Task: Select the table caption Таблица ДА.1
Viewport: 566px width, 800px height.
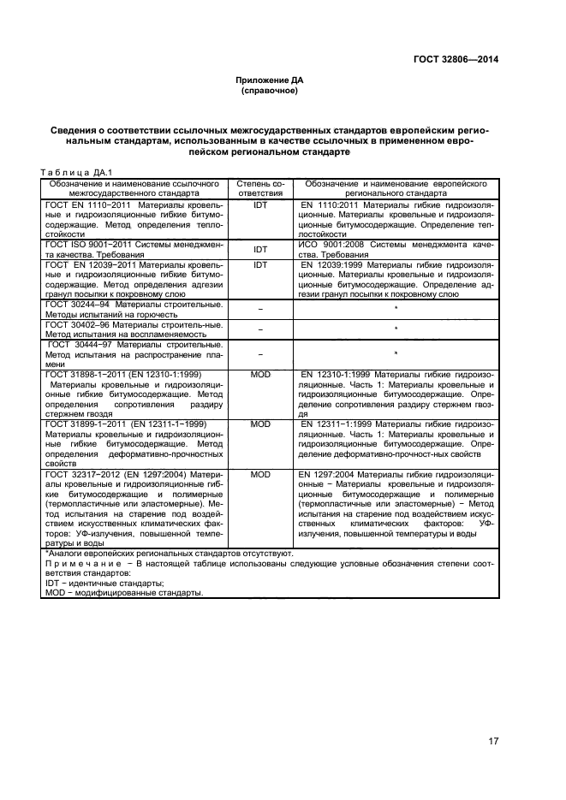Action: (71, 171)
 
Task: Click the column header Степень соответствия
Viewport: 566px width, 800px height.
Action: (259, 188)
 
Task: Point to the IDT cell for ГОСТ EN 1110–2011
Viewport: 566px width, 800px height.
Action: (259, 206)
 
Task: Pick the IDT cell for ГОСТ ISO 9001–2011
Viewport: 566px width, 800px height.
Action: (259, 250)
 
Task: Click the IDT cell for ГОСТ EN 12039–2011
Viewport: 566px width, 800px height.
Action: (259, 265)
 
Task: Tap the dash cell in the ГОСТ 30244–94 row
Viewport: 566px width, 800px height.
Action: (259, 307)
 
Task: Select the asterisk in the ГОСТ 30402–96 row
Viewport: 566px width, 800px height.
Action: (396, 329)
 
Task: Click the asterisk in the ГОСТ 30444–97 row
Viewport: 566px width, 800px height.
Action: (396, 353)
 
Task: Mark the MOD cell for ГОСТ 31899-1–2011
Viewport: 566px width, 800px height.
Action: (259, 424)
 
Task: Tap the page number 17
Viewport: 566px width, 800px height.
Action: (493, 740)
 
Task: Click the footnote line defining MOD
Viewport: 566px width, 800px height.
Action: (124, 617)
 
